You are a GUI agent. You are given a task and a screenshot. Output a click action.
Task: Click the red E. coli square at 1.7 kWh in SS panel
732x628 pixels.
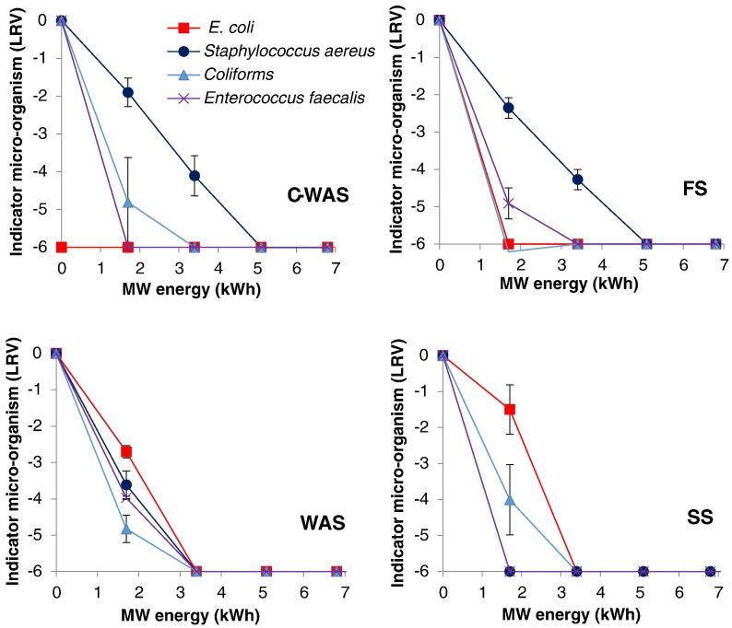click(509, 409)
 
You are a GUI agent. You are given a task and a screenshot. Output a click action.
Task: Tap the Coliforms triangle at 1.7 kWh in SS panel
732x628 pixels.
click(509, 500)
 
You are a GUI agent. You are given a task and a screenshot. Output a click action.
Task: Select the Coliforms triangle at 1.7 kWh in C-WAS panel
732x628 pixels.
click(128, 202)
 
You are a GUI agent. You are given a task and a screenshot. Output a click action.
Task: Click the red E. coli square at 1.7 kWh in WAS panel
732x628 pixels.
click(126, 451)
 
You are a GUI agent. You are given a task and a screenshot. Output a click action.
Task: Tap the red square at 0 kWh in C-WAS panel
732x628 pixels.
click(61, 247)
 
